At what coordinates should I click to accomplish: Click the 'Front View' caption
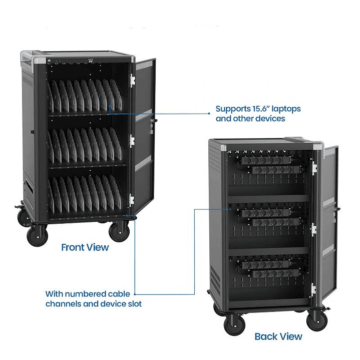85,247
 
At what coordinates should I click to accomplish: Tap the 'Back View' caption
278,336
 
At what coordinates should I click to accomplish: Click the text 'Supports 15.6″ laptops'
258,109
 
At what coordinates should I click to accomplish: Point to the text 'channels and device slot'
94,304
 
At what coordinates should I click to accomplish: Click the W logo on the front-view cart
91,61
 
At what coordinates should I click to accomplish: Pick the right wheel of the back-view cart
317,319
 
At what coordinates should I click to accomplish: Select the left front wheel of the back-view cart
234,324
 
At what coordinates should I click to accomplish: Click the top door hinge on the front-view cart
132,80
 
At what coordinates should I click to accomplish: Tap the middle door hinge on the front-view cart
132,141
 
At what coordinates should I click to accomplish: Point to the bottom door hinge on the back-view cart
313,290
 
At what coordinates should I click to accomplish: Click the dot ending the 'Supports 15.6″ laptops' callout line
209,114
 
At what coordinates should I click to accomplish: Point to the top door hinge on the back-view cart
314,168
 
